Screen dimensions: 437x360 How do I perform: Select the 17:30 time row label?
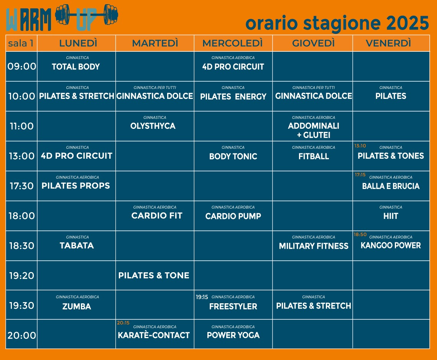point(21,186)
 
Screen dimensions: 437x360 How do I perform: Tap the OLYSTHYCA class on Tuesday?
point(153,126)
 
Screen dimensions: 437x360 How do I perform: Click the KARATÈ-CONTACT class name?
point(154,335)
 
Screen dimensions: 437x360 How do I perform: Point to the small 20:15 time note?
point(123,323)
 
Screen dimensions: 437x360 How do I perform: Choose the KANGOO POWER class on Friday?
point(391,245)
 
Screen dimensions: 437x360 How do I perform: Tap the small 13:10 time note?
point(360,146)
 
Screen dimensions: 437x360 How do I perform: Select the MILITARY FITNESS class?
point(314,246)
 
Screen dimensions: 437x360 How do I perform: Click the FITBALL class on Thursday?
point(314,156)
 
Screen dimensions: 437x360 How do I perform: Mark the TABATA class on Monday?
point(77,245)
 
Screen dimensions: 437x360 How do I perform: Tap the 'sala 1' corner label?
point(21,43)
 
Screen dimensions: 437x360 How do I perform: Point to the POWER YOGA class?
point(233,335)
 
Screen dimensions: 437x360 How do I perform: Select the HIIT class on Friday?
point(391,216)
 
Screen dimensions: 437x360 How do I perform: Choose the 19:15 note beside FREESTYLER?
point(202,297)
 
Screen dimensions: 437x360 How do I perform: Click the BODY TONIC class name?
point(233,156)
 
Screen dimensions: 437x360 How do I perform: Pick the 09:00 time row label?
point(21,66)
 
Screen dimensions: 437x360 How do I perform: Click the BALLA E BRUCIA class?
point(391,186)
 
